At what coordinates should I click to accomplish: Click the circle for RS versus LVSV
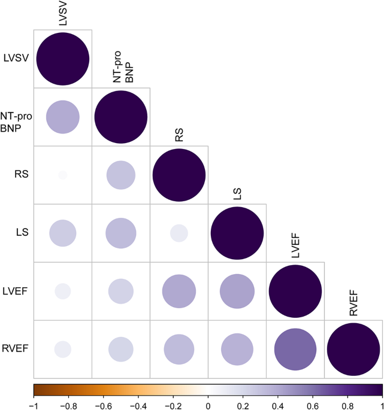63,175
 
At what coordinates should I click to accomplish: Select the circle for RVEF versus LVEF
295,349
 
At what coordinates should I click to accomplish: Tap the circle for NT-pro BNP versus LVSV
63,117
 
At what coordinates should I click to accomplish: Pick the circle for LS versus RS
179,233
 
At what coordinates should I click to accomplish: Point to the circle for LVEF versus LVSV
63,291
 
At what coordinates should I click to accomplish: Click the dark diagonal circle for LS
237,233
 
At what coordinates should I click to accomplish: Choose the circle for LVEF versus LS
237,291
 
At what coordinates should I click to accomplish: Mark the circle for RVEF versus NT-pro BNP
121,349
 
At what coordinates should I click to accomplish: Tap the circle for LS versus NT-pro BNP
121,233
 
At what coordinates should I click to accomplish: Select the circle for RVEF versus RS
179,349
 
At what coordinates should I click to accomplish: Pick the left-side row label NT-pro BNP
16,117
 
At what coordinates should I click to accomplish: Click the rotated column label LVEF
296,249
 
